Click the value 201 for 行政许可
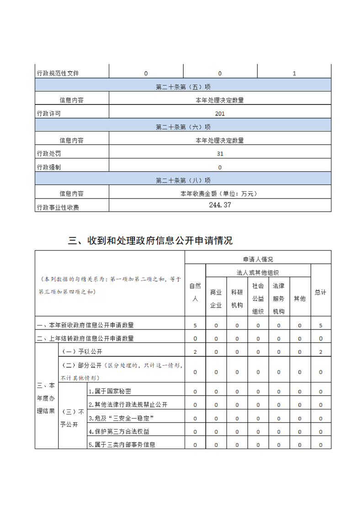tap(220, 114)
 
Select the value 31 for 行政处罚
tap(220, 154)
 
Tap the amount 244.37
tap(220, 205)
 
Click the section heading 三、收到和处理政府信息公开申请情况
tap(150, 240)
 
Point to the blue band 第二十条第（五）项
tap(183, 87)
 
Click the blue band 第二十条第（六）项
tap(183, 127)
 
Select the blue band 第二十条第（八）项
tap(183, 180)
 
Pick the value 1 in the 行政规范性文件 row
tap(294, 73)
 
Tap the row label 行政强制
tap(49, 167)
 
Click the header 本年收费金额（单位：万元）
tap(220, 193)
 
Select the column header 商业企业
tap(216, 298)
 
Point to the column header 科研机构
tap(237, 298)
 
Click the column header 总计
tap(320, 292)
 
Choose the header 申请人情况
tap(258, 259)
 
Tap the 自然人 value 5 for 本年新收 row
tap(195, 325)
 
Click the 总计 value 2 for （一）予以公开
tap(320, 352)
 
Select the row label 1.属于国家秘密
tap(110, 392)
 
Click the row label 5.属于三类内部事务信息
tap(122, 444)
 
